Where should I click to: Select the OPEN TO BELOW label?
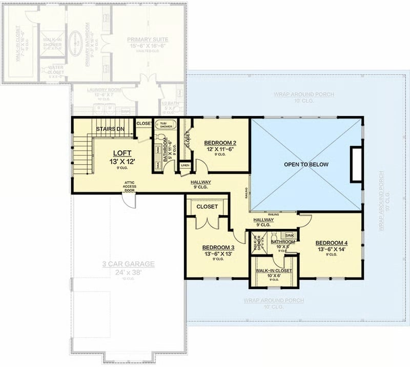click(x=307, y=164)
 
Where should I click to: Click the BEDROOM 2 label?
click(x=220, y=143)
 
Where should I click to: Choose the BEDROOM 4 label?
click(x=331, y=243)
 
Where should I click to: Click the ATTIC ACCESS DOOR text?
click(x=129, y=186)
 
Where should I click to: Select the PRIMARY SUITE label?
click(x=149, y=39)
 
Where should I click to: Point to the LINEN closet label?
click(x=185, y=166)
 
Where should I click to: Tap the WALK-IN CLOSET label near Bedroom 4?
click(x=273, y=271)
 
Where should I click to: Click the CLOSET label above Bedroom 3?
click(x=207, y=206)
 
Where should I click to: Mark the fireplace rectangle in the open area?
click(x=356, y=164)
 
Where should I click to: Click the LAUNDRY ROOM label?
click(x=104, y=90)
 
